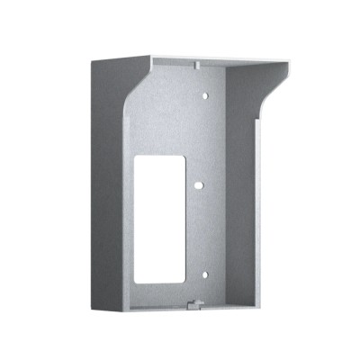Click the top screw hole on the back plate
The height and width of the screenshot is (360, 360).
[x=204, y=94]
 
